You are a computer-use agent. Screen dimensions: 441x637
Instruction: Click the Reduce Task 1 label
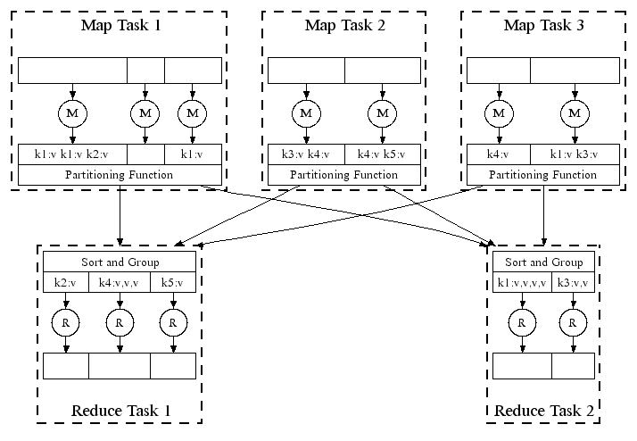[120, 411]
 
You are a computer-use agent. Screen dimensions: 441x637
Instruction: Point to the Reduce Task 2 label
[543, 411]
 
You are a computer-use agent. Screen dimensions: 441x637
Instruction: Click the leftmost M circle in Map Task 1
[72, 113]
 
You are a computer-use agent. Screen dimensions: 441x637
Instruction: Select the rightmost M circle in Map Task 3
[575, 113]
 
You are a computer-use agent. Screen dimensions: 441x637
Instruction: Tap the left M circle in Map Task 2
[306, 113]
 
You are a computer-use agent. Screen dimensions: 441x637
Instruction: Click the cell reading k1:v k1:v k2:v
[72, 154]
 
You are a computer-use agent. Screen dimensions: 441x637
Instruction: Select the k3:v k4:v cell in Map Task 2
[306, 154]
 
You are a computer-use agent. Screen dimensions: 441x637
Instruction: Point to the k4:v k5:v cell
[382, 154]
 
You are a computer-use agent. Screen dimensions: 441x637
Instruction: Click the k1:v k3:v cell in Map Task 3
[575, 154]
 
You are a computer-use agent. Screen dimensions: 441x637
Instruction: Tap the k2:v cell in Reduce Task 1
[66, 283]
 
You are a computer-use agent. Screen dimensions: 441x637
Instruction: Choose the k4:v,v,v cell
[120, 283]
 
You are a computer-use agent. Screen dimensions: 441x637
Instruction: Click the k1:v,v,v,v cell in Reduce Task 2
[523, 283]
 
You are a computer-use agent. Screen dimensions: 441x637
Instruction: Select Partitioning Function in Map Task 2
[344, 175]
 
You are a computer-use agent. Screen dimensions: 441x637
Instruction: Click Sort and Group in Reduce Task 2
[543, 262]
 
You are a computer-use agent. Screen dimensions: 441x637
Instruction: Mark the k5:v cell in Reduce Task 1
[173, 283]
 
